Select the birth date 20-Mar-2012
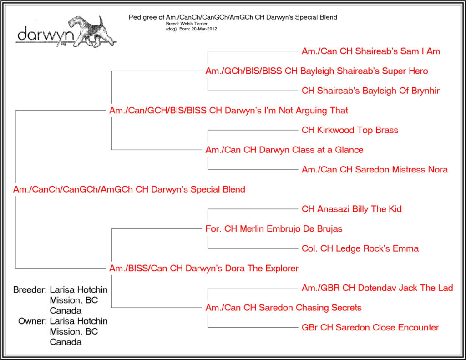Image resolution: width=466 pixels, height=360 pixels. click(x=204, y=29)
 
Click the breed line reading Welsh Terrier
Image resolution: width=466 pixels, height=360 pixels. click(x=187, y=24)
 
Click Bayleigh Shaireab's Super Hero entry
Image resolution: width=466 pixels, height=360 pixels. click(x=317, y=71)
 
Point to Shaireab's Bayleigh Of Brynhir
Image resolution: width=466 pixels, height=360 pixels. click(x=370, y=91)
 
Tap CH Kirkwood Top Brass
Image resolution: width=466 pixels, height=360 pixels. click(x=350, y=130)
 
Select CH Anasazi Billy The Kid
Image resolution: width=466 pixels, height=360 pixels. click(x=352, y=209)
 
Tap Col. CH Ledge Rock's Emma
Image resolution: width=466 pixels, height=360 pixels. click(x=360, y=248)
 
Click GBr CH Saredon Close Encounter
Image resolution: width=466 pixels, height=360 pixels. click(x=370, y=327)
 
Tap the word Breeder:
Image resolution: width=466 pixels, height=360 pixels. click(x=30, y=289)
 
